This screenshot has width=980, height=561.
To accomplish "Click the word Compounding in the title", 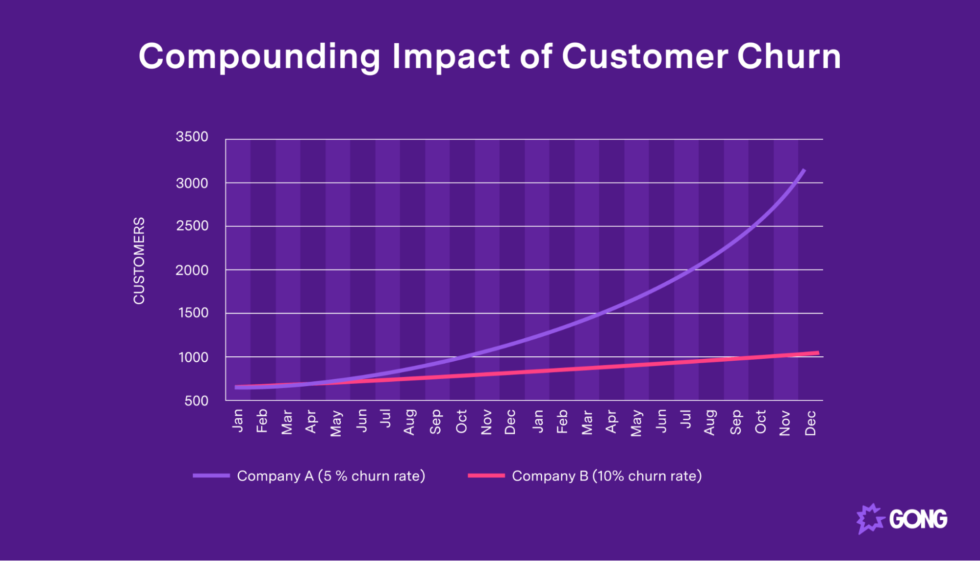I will pyautogui.click(x=259, y=57).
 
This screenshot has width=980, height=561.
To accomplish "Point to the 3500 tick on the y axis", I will pyautogui.click(x=192, y=137).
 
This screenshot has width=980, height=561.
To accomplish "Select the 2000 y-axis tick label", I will pyautogui.click(x=192, y=270).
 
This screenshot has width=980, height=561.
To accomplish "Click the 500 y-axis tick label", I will pyautogui.click(x=196, y=401).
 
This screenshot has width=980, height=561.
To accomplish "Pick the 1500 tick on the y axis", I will pyautogui.click(x=193, y=313).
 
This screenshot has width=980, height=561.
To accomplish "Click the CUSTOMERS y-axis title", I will pyautogui.click(x=139, y=261).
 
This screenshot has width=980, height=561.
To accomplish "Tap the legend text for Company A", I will pyautogui.click(x=331, y=476).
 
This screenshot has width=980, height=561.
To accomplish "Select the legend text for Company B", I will pyautogui.click(x=606, y=476).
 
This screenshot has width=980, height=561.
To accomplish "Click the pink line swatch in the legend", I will pyautogui.click(x=486, y=476).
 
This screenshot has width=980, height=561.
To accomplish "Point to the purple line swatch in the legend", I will pyautogui.click(x=211, y=476).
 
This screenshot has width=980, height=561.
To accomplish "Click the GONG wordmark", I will pyautogui.click(x=918, y=519).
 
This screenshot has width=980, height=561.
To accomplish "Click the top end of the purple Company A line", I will pyautogui.click(x=804, y=170).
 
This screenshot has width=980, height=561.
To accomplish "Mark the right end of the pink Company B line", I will pyautogui.click(x=817, y=353).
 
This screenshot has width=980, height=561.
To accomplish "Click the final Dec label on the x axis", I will pyautogui.click(x=810, y=423).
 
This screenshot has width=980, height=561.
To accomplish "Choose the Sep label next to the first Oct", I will pyautogui.click(x=435, y=422).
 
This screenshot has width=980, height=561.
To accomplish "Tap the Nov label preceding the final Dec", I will pyautogui.click(x=785, y=423).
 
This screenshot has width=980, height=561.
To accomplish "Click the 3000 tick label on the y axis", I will pyautogui.click(x=192, y=184).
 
